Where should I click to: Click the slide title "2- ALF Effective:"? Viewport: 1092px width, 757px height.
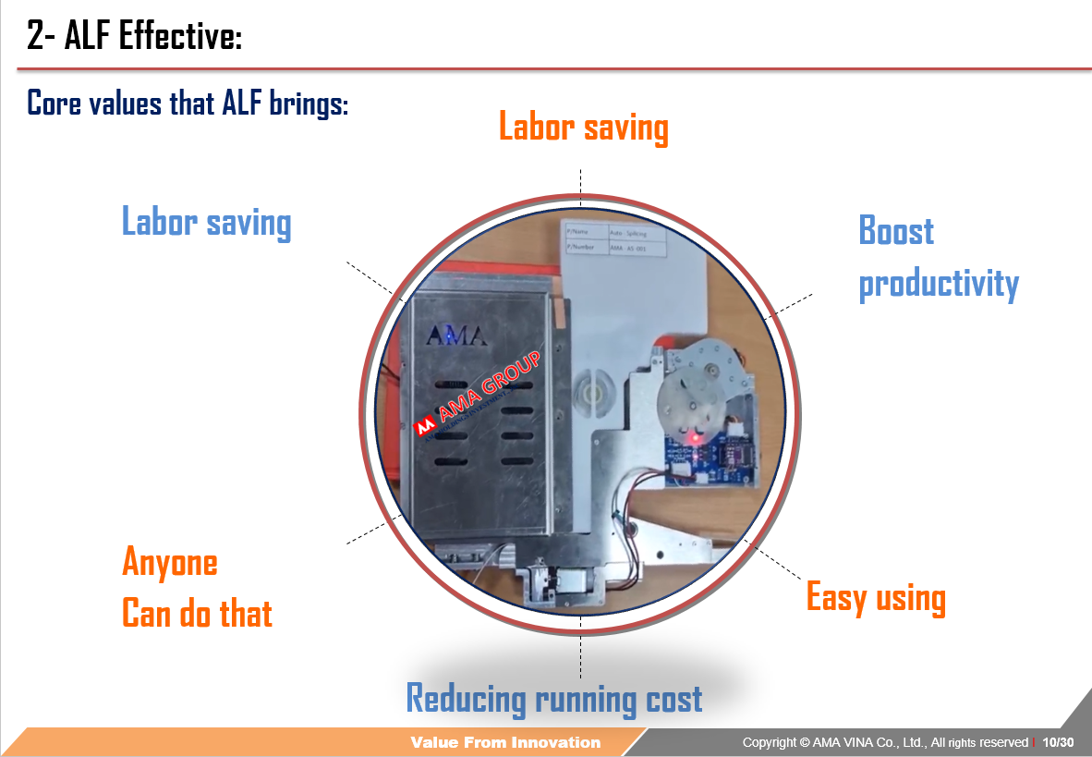pos(134,38)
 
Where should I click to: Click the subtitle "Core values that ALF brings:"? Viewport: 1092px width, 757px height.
pos(188,102)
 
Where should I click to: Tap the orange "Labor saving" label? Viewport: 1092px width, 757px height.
pos(583,127)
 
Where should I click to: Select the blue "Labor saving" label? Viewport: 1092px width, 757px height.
pos(206,223)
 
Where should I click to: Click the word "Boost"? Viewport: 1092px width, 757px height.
pos(896,230)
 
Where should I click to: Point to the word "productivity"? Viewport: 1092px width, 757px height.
pos(939,283)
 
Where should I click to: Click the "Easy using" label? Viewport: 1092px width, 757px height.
pos(876,597)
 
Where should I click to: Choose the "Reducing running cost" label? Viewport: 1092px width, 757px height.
pos(554,698)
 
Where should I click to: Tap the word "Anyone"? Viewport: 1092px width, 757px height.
pos(170,562)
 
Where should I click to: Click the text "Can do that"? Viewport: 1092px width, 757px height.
pos(197,614)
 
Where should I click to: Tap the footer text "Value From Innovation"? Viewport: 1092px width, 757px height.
pos(505,742)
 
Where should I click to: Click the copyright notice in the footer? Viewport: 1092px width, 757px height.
pos(884,742)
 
